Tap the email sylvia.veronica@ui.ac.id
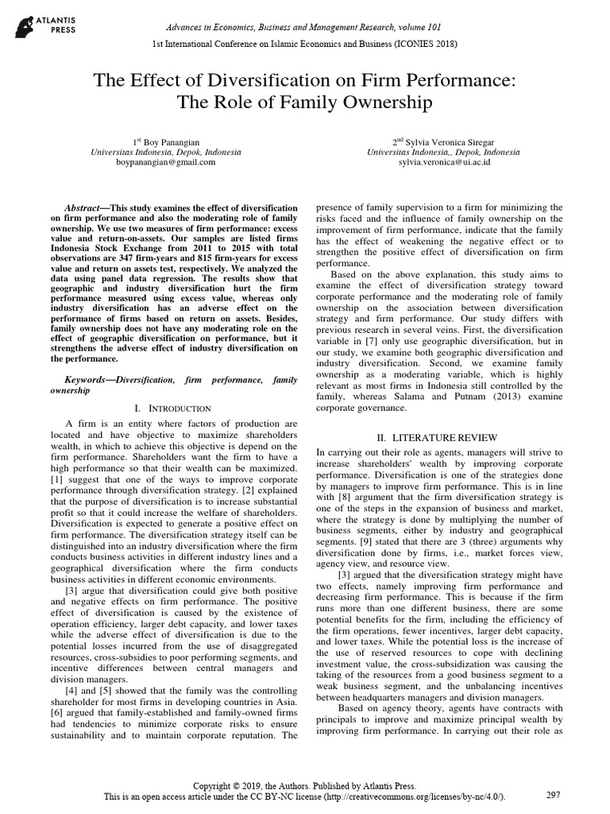click(x=444, y=161)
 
